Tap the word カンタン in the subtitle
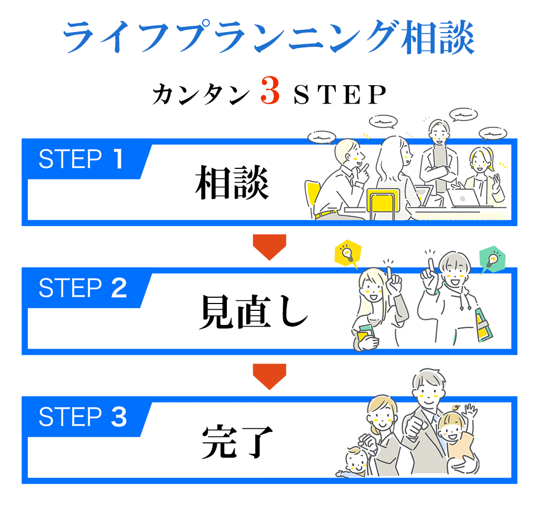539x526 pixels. point(201,95)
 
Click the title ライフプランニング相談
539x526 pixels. point(269,37)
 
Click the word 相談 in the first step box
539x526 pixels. point(232,185)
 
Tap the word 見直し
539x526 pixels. point(253,313)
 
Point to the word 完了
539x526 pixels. point(237,442)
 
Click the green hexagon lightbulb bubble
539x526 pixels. point(492,258)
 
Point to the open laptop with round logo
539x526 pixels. point(463,198)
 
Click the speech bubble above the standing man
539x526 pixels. point(464,114)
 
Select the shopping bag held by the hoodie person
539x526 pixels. point(484,323)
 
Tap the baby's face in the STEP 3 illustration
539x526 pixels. point(358,463)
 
